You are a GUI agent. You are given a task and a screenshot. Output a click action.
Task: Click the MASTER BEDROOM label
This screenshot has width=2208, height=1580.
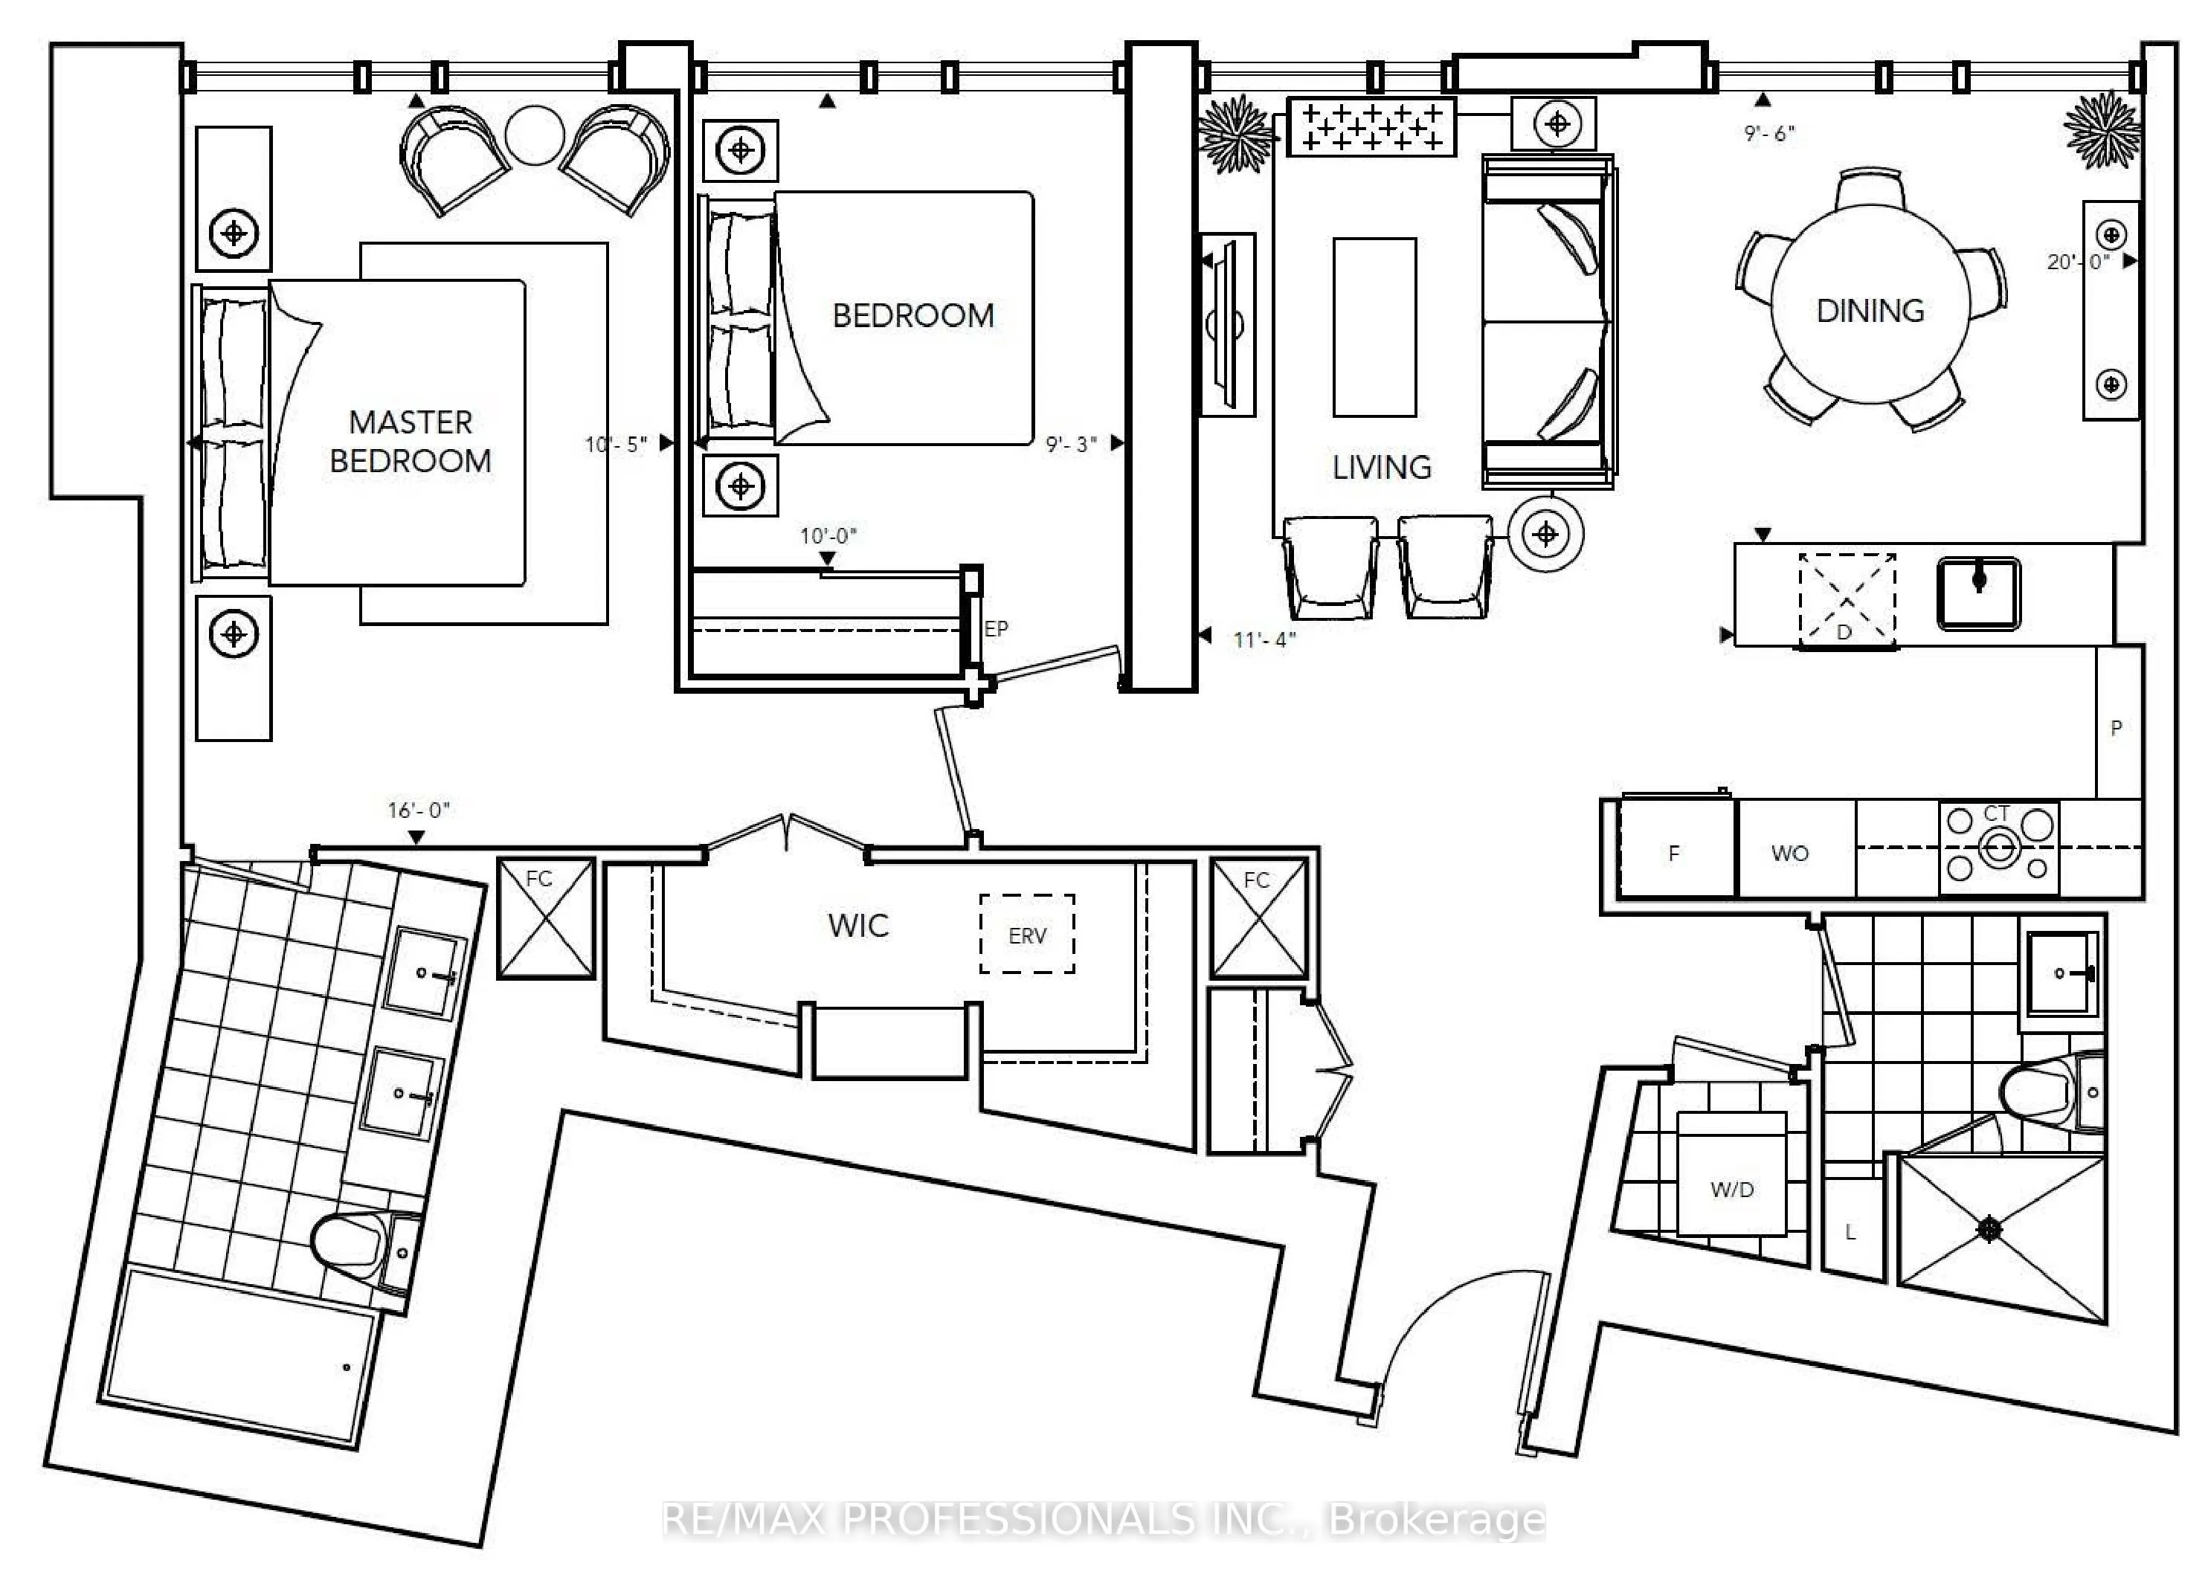pyautogui.click(x=411, y=442)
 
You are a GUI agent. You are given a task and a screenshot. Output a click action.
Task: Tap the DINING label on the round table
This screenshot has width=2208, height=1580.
pyautogui.click(x=1870, y=310)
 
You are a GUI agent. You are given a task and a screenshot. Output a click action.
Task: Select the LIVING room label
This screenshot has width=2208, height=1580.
pyautogui.click(x=1381, y=468)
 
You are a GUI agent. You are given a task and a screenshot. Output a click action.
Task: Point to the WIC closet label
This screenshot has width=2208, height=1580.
pyautogui.click(x=858, y=925)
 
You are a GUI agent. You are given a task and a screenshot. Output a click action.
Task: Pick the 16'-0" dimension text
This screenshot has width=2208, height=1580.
pyautogui.click(x=419, y=810)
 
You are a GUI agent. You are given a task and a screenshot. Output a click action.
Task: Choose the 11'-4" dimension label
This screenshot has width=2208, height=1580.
pyautogui.click(x=1264, y=639)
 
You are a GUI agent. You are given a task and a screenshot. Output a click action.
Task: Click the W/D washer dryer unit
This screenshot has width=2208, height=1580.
pyautogui.click(x=1732, y=1173)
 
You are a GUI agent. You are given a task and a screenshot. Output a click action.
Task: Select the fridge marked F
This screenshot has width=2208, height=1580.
pyautogui.click(x=1676, y=848)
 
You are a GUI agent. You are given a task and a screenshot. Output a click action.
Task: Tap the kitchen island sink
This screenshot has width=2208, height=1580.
pyautogui.click(x=1978, y=593)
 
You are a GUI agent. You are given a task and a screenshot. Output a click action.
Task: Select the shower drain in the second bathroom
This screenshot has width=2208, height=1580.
pyautogui.click(x=1990, y=1230)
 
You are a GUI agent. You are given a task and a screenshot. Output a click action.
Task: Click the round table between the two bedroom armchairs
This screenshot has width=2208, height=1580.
pyautogui.click(x=535, y=135)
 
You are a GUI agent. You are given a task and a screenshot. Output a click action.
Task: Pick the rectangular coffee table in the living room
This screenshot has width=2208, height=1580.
pyautogui.click(x=1374, y=327)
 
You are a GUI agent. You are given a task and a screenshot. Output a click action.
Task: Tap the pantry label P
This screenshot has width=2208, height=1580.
pyautogui.click(x=2116, y=728)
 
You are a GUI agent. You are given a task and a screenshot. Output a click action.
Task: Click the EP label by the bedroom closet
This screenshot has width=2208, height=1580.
pyautogui.click(x=996, y=628)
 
